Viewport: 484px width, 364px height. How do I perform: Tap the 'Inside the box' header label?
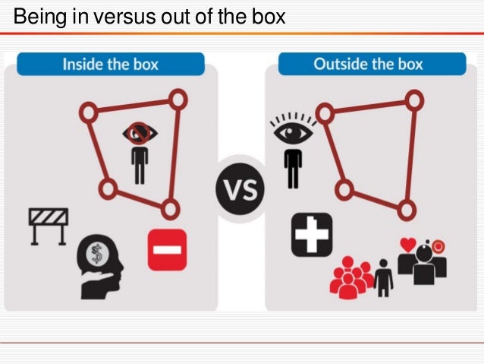click(112, 64)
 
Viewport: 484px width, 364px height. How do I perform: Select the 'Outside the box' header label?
click(369, 63)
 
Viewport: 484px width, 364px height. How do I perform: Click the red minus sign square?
click(167, 249)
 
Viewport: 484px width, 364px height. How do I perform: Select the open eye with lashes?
click(289, 131)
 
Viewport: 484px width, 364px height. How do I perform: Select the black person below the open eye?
click(292, 168)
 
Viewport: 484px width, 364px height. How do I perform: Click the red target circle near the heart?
click(438, 247)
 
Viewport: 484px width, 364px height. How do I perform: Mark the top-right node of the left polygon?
click(177, 97)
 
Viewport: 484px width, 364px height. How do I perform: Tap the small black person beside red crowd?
click(384, 278)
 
